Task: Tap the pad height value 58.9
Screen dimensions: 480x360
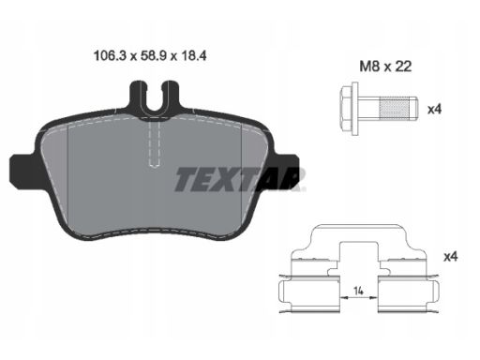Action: [150, 56]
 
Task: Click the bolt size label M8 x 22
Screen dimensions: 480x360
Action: [385, 67]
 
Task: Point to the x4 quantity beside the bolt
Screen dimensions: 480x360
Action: [434, 110]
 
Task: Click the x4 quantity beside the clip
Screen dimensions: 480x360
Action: [451, 257]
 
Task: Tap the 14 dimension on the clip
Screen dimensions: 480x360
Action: [358, 291]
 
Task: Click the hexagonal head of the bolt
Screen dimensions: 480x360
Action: [346, 109]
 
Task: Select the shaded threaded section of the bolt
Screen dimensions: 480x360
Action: [395, 109]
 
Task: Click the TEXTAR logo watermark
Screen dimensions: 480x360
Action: [239, 179]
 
